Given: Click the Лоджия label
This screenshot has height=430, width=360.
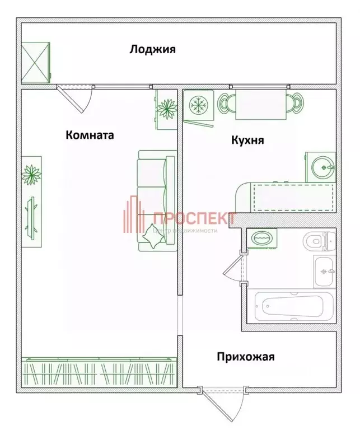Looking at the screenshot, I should coord(152,49).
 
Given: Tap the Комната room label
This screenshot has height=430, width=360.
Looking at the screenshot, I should coord(90,135).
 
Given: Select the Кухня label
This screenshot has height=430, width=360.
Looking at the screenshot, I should coord(248,141).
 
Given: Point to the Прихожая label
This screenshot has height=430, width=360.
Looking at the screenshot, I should coord(246,356).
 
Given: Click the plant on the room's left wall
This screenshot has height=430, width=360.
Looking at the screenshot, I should coord(31,175).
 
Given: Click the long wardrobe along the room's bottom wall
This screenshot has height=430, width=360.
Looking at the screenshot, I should coord(99,372).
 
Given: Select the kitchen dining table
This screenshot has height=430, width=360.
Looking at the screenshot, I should coord(259,104).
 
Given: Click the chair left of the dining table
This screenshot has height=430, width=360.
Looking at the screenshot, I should coord(225,103).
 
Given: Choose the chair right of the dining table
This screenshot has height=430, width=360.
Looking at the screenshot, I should coord(295,103).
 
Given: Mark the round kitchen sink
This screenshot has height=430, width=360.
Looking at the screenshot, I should coord(323,166).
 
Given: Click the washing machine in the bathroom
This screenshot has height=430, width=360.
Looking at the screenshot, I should coord(261,238).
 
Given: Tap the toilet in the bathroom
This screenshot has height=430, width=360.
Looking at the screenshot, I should coord(315,241).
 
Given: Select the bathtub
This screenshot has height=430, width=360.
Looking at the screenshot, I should coord(292,306).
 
